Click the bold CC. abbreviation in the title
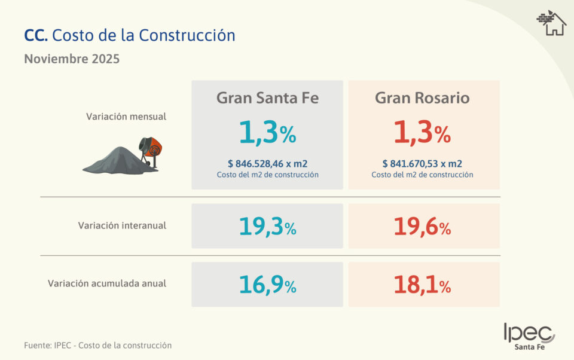click(36, 35)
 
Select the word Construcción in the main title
click(187, 35)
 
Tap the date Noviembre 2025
click(72, 59)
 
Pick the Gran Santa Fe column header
click(267, 98)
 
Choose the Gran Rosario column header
click(422, 98)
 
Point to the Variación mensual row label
click(126, 117)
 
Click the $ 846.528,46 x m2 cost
click(267, 163)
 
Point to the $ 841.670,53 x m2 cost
click(422, 163)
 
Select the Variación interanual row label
click(122, 225)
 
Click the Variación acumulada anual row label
click(107, 283)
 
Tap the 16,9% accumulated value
click(267, 285)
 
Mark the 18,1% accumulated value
click(422, 285)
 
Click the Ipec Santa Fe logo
click(529, 336)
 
